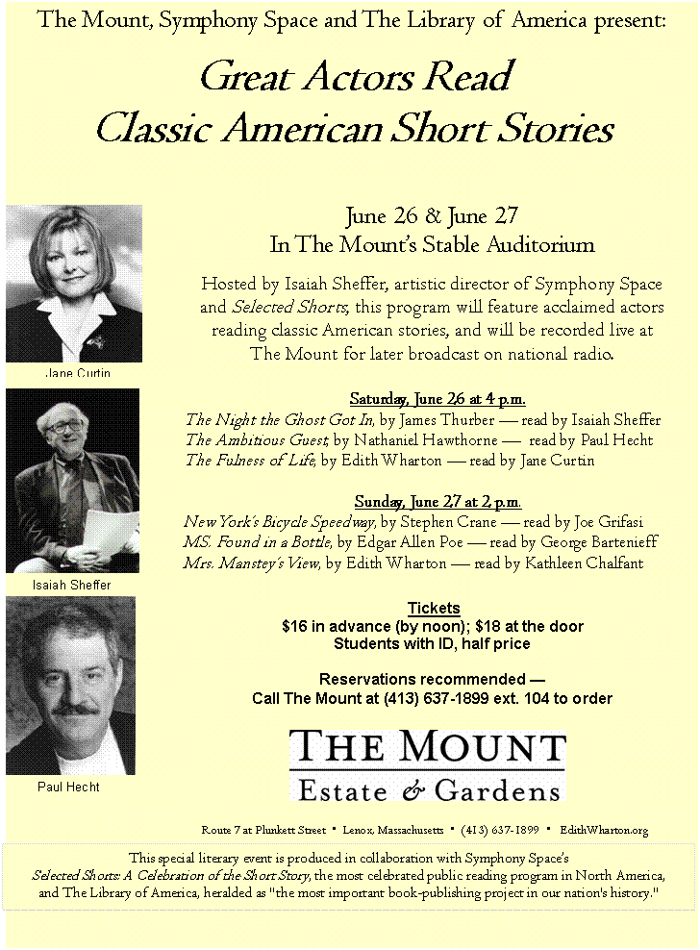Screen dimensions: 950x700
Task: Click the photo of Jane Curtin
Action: (x=75, y=284)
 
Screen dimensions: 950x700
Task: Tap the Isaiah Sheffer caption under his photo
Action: (x=72, y=586)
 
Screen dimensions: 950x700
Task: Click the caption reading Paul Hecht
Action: (x=68, y=787)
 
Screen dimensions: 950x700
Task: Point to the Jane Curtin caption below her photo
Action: (x=78, y=372)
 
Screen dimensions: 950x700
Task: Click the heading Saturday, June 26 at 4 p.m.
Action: (x=437, y=399)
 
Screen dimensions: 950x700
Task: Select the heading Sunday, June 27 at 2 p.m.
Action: (x=437, y=501)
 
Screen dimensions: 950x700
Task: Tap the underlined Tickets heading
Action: (x=434, y=609)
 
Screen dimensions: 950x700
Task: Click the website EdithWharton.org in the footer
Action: (x=603, y=829)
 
